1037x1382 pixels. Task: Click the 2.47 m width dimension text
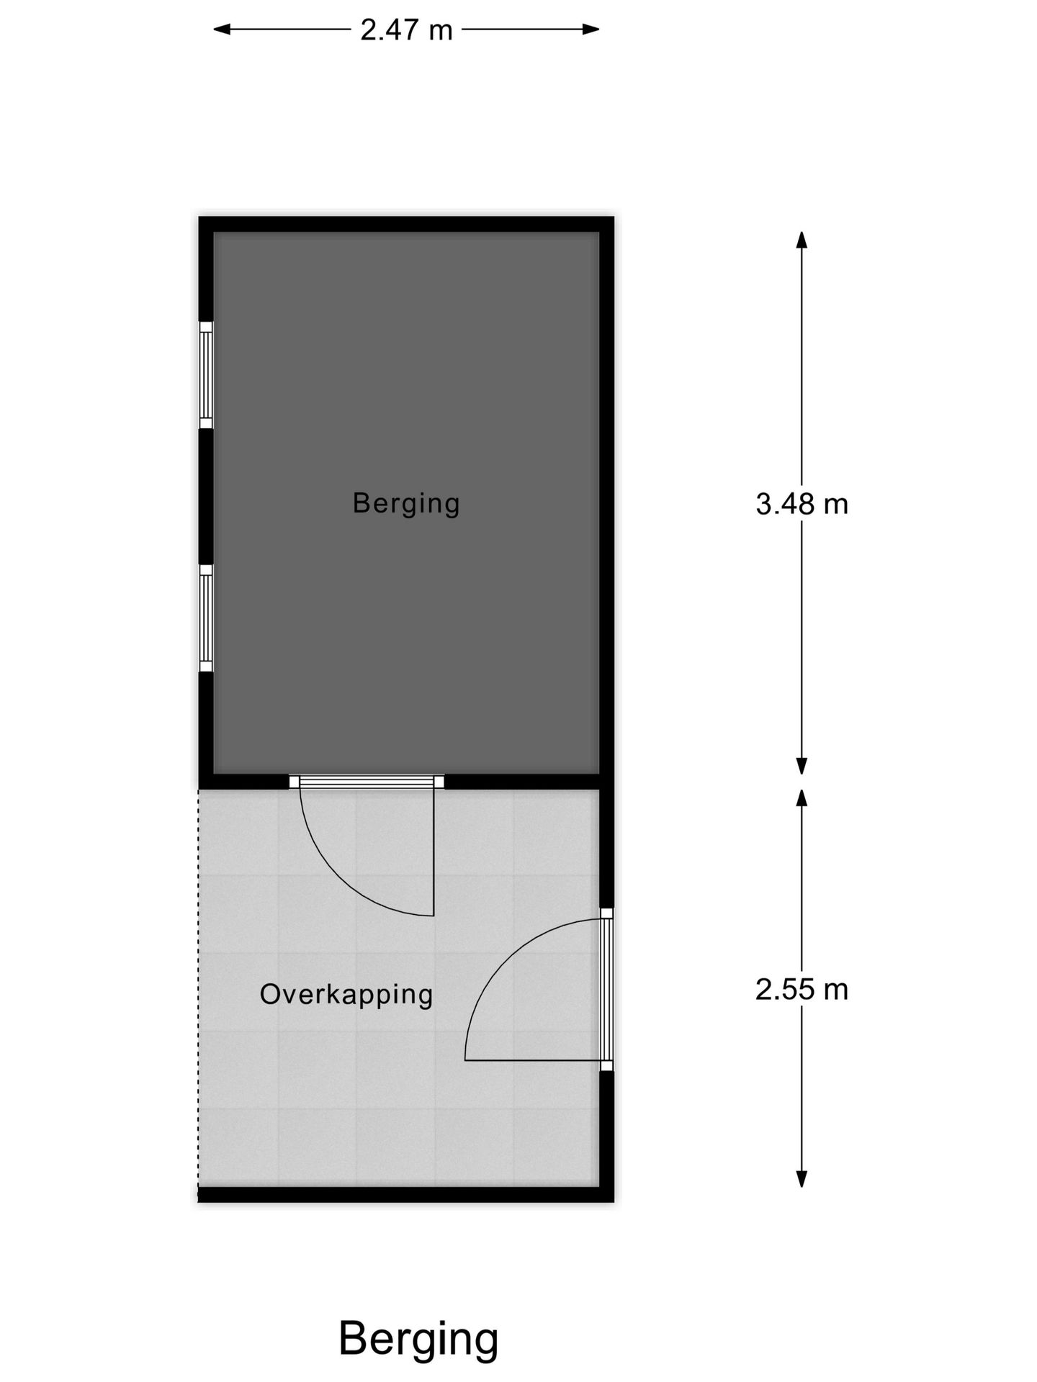tap(406, 30)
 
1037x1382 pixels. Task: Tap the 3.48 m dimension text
tap(802, 505)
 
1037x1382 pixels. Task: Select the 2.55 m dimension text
tap(802, 990)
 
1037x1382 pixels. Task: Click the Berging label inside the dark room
tap(406, 503)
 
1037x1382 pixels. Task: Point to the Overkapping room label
tap(346, 995)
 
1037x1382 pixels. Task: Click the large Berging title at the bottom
tap(418, 1339)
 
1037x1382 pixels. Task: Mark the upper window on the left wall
tap(206, 375)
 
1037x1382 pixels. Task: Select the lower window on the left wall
tap(206, 618)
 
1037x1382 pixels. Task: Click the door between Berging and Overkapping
tap(367, 782)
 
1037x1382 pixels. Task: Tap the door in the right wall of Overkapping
tap(606, 989)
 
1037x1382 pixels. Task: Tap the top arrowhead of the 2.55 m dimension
tap(802, 798)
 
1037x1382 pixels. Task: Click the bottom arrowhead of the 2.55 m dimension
tap(802, 1178)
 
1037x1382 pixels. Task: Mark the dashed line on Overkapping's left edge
tap(199, 993)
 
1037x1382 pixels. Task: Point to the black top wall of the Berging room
tap(406, 224)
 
